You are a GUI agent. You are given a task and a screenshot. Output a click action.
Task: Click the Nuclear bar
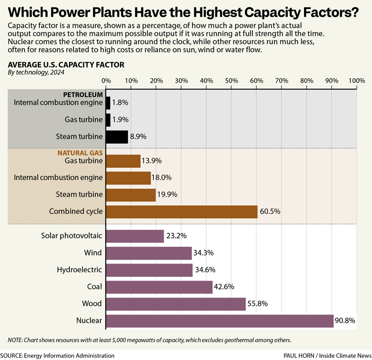coord(220,321)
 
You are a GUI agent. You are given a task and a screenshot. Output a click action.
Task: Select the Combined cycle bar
coord(182,212)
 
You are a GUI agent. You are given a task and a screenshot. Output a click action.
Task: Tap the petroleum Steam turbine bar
coord(117,137)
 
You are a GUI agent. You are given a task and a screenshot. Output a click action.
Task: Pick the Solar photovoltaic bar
coord(135,236)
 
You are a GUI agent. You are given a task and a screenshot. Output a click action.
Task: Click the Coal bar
coord(159,287)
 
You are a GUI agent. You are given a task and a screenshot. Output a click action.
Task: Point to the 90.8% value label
coord(346,321)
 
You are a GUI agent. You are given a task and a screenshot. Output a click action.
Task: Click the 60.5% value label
coord(271,212)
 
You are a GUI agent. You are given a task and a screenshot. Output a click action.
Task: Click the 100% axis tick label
coord(356,81)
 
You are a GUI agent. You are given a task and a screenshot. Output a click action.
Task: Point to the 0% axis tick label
coord(106,81)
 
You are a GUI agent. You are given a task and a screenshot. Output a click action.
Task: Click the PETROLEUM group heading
coord(83,94)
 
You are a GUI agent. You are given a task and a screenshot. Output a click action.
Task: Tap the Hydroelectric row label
coord(79,270)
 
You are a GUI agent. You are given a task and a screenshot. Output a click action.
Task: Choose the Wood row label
coord(92,303)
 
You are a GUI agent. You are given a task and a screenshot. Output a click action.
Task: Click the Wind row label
coord(93,253)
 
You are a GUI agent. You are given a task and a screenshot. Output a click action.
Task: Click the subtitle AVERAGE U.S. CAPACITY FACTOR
coord(66,65)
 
